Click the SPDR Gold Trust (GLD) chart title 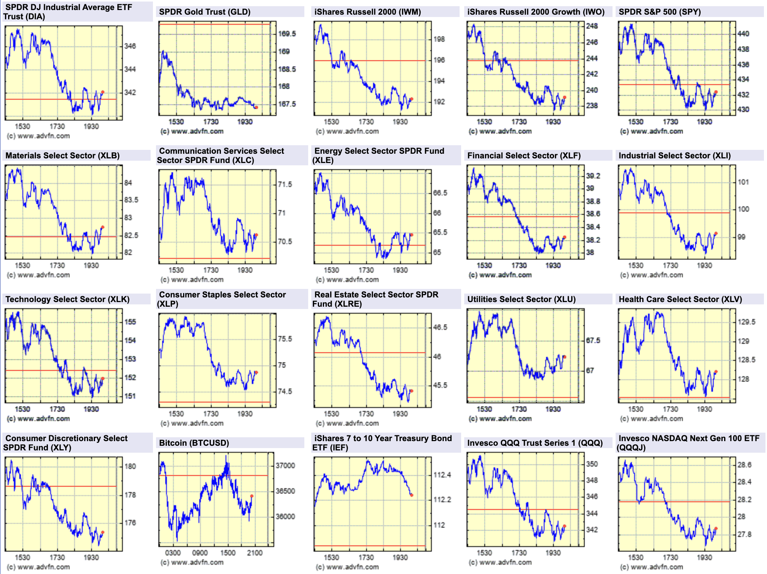point(205,12)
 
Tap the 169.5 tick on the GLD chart point(287,34)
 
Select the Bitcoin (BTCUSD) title point(194,443)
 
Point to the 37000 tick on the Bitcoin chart point(285,466)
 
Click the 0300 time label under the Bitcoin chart point(173,553)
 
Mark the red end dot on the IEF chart point(411,495)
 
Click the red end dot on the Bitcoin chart point(252,496)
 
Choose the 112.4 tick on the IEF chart point(442,475)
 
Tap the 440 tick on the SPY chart point(743,34)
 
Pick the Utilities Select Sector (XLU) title point(521,299)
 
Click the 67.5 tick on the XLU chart point(593,341)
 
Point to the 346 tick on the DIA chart point(130,46)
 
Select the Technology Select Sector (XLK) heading point(68,299)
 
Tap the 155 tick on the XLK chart point(130,322)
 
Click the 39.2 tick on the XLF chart point(593,176)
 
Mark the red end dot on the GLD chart point(256,107)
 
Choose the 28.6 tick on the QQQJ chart point(744,465)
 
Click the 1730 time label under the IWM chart point(366,122)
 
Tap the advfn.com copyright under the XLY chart point(38,567)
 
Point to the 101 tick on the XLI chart point(743,182)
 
